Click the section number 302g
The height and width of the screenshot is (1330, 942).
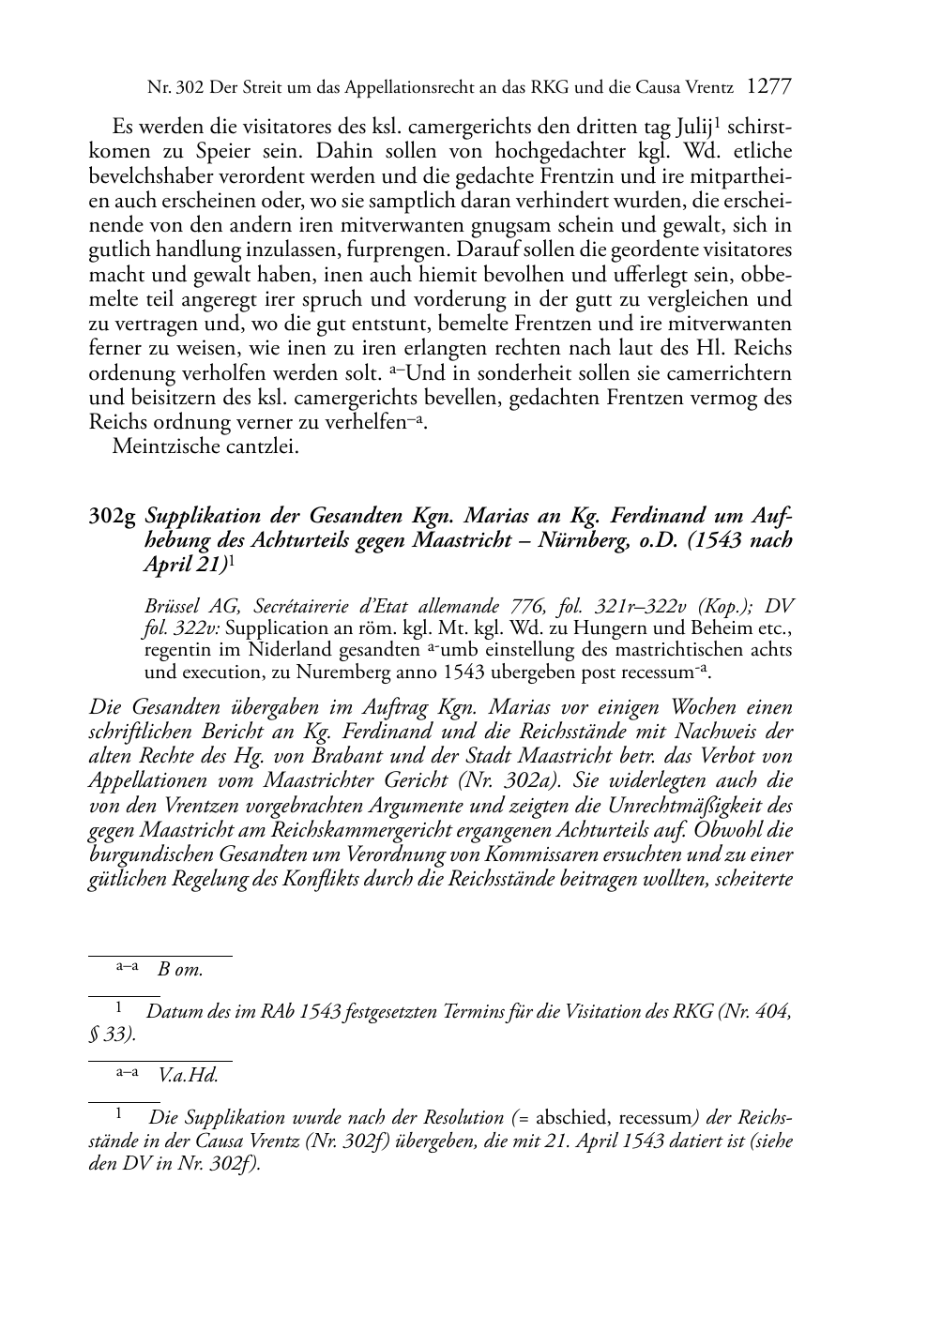coord(114,517)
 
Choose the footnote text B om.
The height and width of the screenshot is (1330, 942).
coord(180,970)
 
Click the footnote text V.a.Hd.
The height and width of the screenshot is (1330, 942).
coord(189,1076)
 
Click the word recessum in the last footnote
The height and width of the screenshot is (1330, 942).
coord(656,1118)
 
